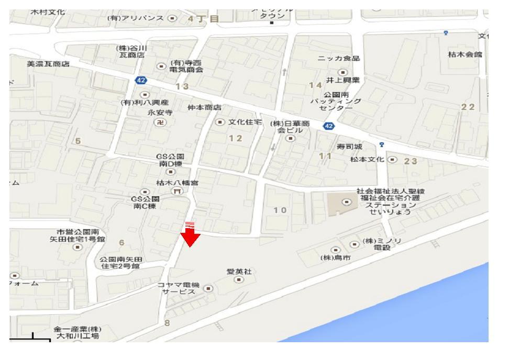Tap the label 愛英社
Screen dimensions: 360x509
(238, 272)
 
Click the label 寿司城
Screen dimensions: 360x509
(349, 147)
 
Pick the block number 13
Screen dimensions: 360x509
(182, 86)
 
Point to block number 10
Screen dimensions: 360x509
(281, 210)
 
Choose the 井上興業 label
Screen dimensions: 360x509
(342, 80)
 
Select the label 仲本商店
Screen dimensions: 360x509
(205, 107)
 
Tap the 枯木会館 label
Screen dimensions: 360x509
(465, 54)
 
